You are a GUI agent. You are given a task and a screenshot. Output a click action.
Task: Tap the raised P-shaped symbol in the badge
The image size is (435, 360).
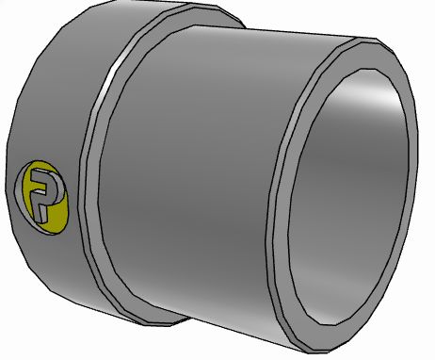(x=42, y=192)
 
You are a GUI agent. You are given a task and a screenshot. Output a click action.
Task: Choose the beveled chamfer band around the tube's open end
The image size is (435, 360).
(x=282, y=188)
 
